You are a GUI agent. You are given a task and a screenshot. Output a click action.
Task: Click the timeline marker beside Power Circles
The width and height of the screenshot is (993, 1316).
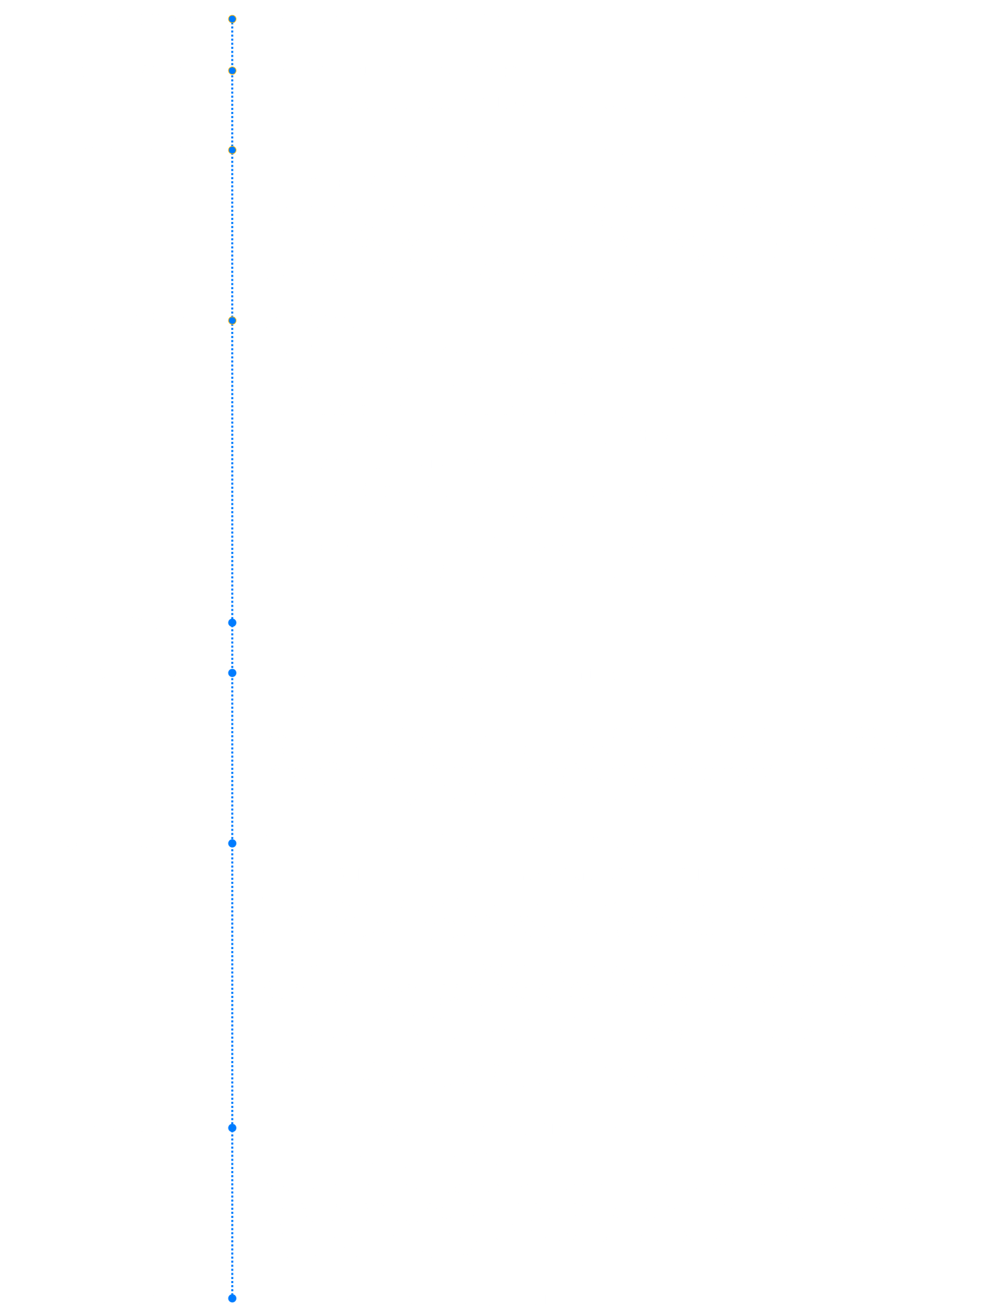pos(232,321)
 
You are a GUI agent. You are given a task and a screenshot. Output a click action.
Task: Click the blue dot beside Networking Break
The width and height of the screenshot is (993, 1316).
pos(232,622)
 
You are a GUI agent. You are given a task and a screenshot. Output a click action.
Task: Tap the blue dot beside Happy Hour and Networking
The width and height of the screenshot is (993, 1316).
pos(232,1298)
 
